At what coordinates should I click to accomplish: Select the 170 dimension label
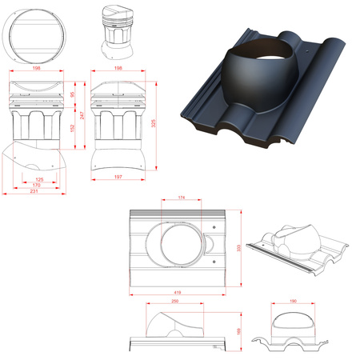(38, 186)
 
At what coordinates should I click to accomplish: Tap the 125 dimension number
(38, 179)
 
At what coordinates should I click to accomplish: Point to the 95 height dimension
(72, 95)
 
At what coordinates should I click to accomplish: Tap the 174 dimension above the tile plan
(182, 197)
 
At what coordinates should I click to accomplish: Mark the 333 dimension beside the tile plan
(239, 249)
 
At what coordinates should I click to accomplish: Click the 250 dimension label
(174, 303)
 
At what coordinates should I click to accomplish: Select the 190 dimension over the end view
(292, 302)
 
